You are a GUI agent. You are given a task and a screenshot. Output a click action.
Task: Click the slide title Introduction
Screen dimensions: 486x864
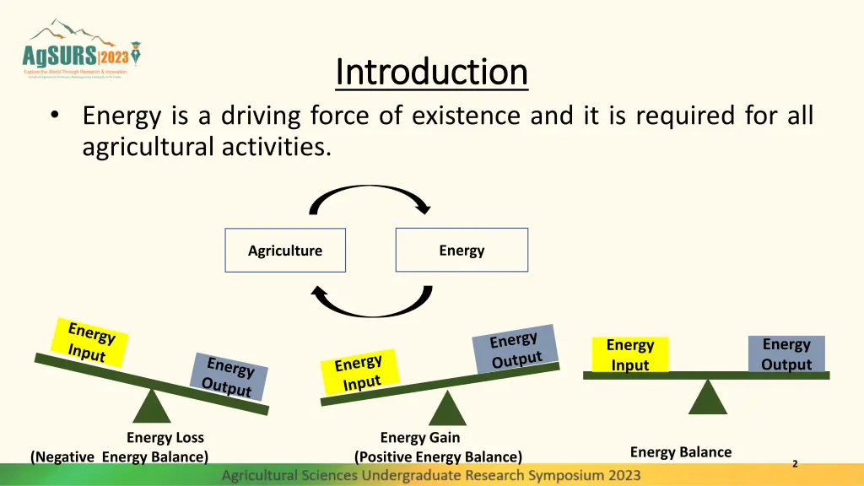pyautogui.click(x=431, y=72)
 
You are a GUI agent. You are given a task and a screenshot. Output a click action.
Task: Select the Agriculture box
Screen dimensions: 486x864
pyautogui.click(x=285, y=251)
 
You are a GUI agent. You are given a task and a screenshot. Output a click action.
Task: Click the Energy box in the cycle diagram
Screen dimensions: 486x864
pyautogui.click(x=462, y=250)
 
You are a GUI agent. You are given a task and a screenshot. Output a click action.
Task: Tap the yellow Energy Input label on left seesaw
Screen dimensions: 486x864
pyautogui.click(x=89, y=343)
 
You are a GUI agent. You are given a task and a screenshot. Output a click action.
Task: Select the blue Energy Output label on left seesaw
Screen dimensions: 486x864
pyautogui.click(x=229, y=376)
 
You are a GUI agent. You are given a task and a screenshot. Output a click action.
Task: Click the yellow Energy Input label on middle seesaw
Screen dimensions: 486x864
pyautogui.click(x=359, y=373)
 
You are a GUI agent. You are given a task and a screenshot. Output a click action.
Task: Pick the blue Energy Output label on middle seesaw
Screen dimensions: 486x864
pyautogui.click(x=515, y=349)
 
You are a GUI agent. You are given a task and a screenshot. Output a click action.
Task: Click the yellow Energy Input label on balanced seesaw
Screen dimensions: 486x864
pyautogui.click(x=630, y=354)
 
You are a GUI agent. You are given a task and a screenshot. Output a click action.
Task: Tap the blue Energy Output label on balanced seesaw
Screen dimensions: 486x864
pyautogui.click(x=786, y=354)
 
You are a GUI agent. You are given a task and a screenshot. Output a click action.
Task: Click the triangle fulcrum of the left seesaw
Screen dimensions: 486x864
pyautogui.click(x=152, y=406)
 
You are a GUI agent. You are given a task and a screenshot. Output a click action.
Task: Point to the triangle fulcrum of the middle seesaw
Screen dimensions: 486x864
pyautogui.click(x=448, y=409)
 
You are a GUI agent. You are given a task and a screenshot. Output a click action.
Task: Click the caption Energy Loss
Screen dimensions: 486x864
pyautogui.click(x=165, y=437)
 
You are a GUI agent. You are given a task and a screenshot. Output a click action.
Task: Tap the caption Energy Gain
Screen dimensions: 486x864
pyautogui.click(x=420, y=437)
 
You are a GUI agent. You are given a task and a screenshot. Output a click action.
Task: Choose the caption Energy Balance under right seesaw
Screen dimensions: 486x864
pyautogui.click(x=681, y=452)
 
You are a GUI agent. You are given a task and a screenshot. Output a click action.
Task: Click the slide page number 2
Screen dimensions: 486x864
pyautogui.click(x=795, y=463)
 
